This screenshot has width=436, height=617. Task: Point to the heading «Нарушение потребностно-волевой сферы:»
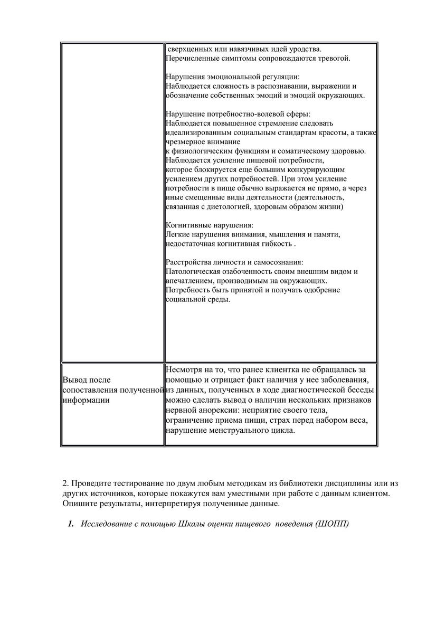coord(239,114)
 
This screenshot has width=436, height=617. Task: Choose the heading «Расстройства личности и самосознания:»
coord(234,262)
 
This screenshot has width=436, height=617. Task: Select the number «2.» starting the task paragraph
coord(66,483)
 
